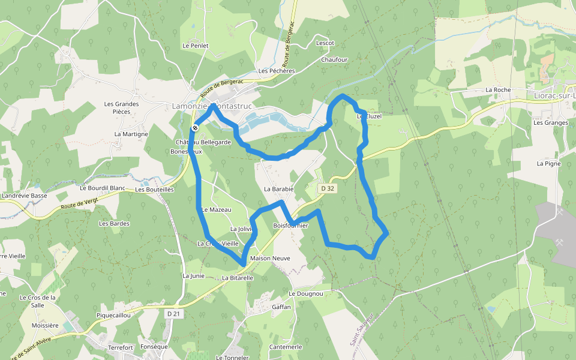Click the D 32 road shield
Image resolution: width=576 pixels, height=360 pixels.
click(x=327, y=188)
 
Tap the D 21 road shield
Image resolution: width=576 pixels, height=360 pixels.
click(x=173, y=313)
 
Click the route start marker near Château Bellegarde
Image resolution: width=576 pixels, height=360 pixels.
click(x=196, y=128)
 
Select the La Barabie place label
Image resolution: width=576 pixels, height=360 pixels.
click(x=278, y=189)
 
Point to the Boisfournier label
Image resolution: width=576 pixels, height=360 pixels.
click(x=290, y=226)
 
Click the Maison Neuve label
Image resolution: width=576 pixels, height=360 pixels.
click(x=270, y=259)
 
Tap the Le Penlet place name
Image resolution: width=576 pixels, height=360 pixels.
click(x=195, y=46)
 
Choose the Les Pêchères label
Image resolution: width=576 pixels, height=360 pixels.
click(x=277, y=71)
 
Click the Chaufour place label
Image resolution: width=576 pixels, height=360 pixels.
click(x=334, y=60)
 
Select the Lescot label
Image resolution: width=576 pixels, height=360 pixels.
click(x=325, y=44)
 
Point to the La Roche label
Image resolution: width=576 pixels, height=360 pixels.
click(x=498, y=90)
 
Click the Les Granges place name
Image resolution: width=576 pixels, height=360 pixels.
click(x=550, y=123)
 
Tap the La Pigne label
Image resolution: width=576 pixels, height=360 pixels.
click(x=548, y=163)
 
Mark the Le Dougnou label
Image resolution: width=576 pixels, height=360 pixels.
click(x=306, y=294)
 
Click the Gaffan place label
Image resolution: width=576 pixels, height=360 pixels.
click(x=281, y=307)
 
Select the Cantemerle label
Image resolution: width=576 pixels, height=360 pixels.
click(x=286, y=347)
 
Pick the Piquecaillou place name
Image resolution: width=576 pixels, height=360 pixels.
click(x=113, y=315)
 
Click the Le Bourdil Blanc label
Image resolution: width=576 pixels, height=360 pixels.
click(x=102, y=188)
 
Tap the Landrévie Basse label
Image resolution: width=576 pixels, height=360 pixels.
click(x=25, y=196)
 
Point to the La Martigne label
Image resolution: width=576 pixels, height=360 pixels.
click(x=131, y=134)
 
